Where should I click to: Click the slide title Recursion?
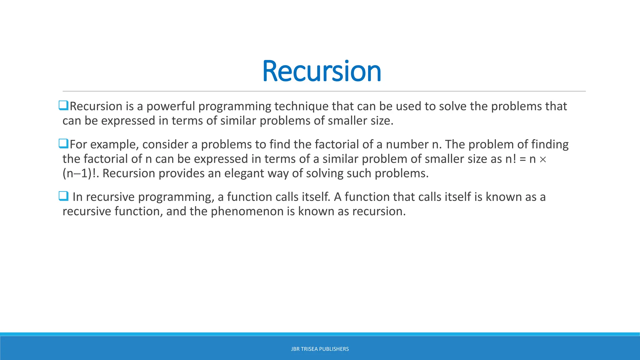click(322, 71)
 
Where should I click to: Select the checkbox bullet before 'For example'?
click(63, 143)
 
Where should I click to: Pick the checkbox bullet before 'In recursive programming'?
click(63, 196)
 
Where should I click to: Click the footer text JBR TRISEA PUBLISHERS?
click(320, 349)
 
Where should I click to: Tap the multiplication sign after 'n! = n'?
click(543, 160)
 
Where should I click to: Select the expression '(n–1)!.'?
click(81, 173)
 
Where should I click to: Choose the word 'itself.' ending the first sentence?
click(316, 197)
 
